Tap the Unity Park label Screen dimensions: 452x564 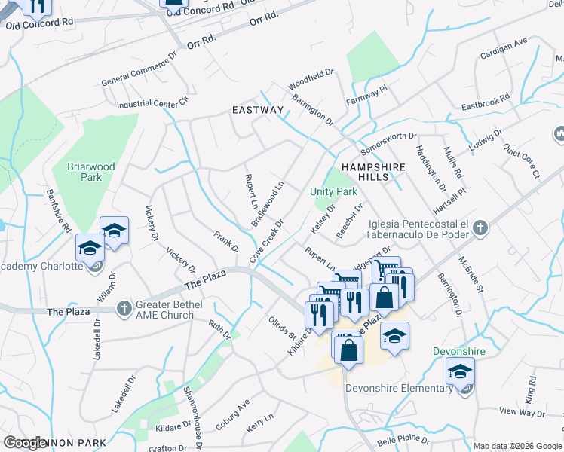[x=333, y=191]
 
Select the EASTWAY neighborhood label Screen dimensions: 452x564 [x=257, y=110]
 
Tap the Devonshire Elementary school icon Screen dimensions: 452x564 [x=459, y=373]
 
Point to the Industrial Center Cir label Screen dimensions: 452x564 [x=152, y=102]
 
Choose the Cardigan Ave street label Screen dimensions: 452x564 [x=504, y=47]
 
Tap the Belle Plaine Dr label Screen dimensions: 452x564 [x=403, y=439]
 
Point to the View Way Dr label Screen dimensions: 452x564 [x=522, y=413]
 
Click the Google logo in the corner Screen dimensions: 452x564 [x=26, y=443]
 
